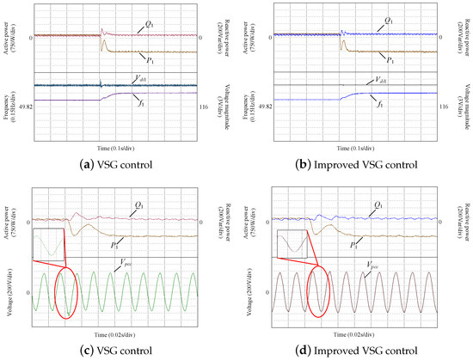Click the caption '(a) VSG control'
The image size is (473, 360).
[x=116, y=162]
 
